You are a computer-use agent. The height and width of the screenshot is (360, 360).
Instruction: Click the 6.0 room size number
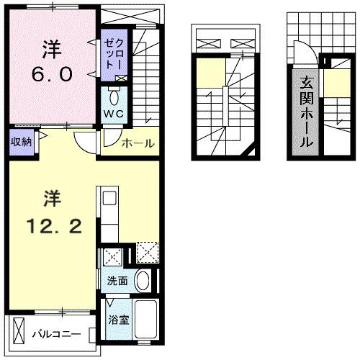(51, 74)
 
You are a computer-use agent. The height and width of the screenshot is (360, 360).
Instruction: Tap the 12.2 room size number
(50, 227)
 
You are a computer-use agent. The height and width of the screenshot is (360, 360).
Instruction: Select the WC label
(115, 114)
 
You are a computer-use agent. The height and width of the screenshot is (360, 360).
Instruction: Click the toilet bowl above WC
(115, 97)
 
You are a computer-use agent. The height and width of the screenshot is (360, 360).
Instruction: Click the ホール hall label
(138, 143)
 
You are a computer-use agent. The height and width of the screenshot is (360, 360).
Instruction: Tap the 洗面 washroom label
(117, 281)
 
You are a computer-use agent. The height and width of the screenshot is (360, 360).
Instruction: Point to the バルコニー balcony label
(55, 333)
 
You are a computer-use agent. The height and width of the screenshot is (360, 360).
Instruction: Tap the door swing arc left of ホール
(87, 142)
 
